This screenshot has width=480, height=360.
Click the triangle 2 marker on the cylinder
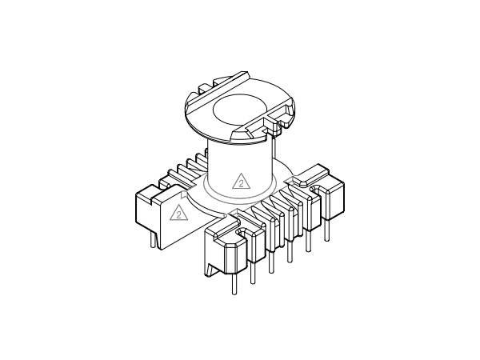[x=239, y=182]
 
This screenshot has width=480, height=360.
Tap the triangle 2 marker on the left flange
[x=178, y=213]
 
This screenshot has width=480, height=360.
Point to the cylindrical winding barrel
[x=239, y=160]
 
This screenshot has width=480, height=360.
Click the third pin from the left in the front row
[x=272, y=262]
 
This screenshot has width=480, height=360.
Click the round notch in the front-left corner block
[x=238, y=233]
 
